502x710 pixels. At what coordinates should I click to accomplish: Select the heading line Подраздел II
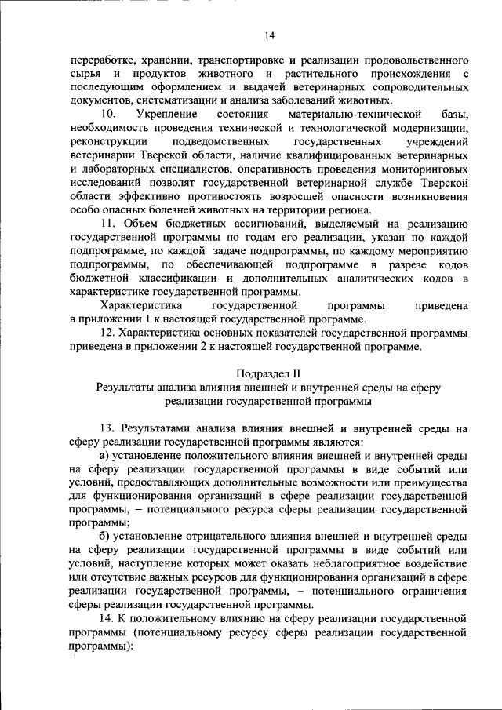point(269,373)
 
